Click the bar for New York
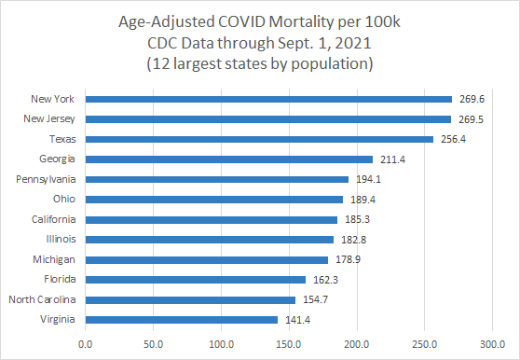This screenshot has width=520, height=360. click(268, 99)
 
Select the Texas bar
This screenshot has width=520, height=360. click(259, 139)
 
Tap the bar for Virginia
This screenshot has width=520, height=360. click(182, 320)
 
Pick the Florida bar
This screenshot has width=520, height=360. click(196, 280)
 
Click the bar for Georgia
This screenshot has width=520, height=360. click(229, 159)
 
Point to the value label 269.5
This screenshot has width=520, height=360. click(470, 119)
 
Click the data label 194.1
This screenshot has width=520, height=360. click(367, 179)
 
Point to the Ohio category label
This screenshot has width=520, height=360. click(66, 200)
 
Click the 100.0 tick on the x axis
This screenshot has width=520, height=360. click(222, 342)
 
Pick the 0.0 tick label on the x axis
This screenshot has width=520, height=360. click(86, 342)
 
